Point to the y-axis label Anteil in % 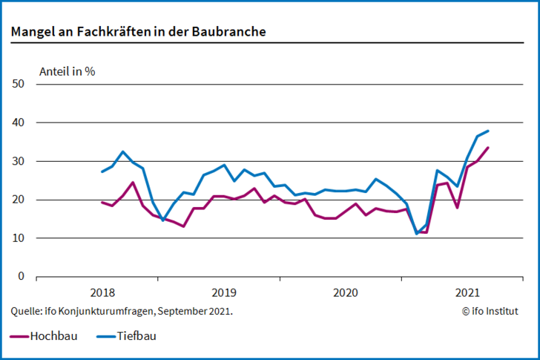click(x=67, y=72)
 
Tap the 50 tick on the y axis click(x=19, y=84)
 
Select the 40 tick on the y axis click(x=19, y=122)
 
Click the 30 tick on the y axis click(x=19, y=161)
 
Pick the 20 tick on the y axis click(x=19, y=200)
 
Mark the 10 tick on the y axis click(x=19, y=238)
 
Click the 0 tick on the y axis click(x=22, y=277)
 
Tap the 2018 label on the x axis click(x=103, y=292)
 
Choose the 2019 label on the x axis click(x=224, y=292)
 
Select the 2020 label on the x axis click(x=345, y=292)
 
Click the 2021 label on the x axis click(x=467, y=292)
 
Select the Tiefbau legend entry click(x=126, y=336)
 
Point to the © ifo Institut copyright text click(x=490, y=311)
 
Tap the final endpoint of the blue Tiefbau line click(x=487, y=131)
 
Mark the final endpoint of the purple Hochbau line click(x=487, y=148)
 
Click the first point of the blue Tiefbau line click(x=102, y=171)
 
